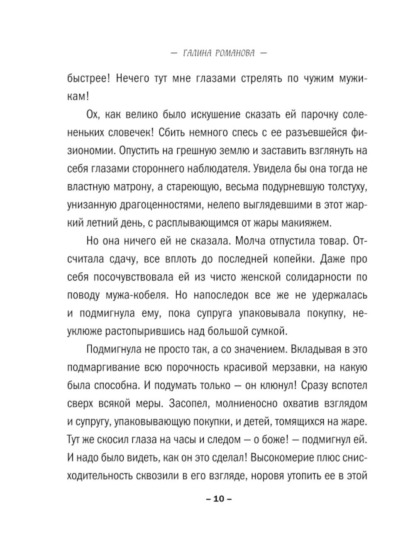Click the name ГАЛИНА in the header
tap(198, 54)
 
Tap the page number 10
tap(219, 499)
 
